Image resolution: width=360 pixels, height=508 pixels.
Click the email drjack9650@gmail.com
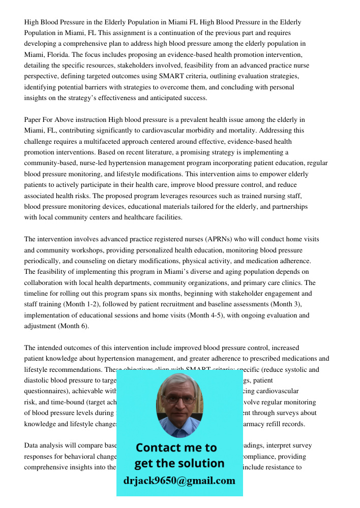[179, 481]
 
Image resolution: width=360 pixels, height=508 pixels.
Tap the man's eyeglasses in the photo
[179, 399]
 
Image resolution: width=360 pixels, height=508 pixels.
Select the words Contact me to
[176, 448]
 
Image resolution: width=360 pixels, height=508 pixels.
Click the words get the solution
[179, 463]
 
